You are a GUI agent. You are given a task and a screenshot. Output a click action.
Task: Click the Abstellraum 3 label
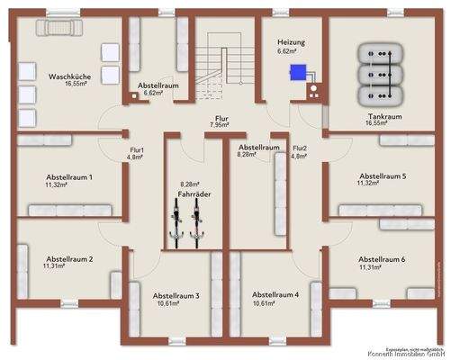pyautogui.click(x=176, y=295)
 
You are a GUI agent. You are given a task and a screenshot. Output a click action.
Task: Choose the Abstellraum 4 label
pyautogui.click(x=275, y=295)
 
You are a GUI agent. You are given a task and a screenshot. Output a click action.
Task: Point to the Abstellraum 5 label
pyautogui.click(x=382, y=176)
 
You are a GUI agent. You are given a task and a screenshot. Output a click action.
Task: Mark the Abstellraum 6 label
pyautogui.click(x=382, y=258)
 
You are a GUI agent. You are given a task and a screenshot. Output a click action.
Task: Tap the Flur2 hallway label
pyautogui.click(x=300, y=148)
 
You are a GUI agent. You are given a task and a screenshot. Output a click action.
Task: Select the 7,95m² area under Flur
pyautogui.click(x=221, y=124)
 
